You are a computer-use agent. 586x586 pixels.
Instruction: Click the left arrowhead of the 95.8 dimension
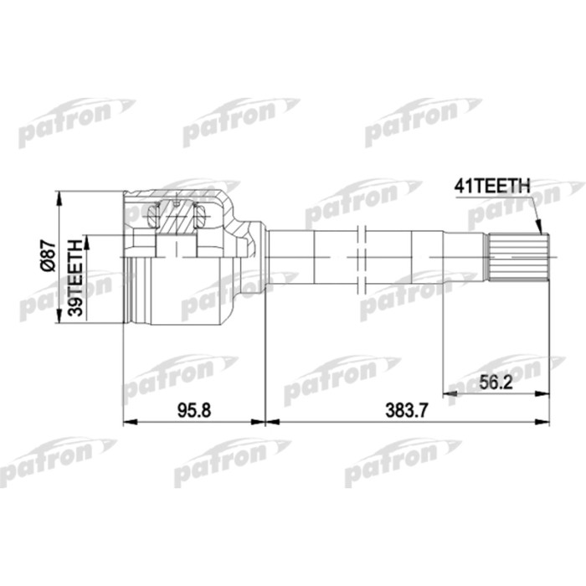point(128,421)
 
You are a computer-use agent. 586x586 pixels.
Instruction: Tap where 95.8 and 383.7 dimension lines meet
point(265,421)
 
